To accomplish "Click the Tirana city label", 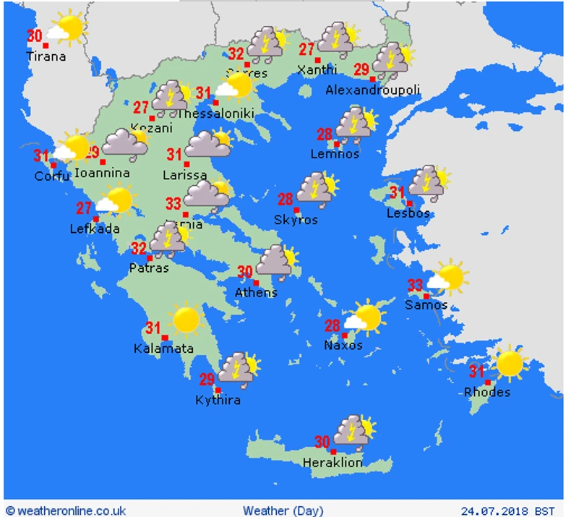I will tap(46, 56).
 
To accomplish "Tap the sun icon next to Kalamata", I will tap(186, 319).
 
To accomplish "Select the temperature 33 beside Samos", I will tap(415, 285).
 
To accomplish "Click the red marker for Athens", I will tap(256, 283).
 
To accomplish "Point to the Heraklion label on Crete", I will tap(332, 463).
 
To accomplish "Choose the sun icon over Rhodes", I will tap(509, 363).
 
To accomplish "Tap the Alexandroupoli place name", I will tap(372, 90).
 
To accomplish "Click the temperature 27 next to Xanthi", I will tap(307, 50).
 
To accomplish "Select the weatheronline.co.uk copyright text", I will tap(66, 510).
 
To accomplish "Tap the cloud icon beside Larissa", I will tap(207, 145).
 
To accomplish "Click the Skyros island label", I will tap(295, 220).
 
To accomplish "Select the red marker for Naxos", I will tap(345, 336).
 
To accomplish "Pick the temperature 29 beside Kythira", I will tap(207, 380).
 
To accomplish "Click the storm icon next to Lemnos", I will tap(355, 124).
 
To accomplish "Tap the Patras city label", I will tap(149, 268).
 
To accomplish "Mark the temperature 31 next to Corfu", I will tap(41, 155).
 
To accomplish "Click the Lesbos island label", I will tap(408, 213).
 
